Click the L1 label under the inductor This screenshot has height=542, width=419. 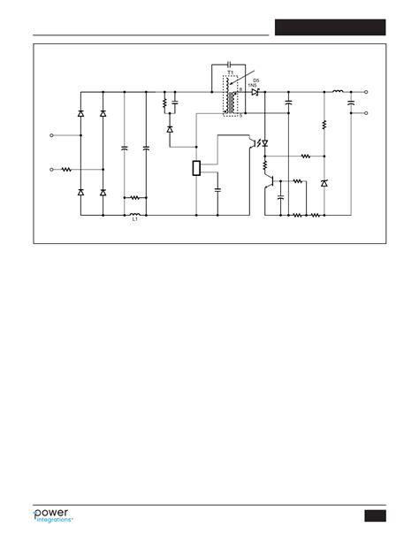click(135, 220)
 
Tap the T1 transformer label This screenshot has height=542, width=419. click(230, 73)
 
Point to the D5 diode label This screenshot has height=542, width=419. click(255, 80)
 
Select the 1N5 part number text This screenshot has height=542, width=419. click(255, 86)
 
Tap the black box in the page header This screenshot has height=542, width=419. click(330, 27)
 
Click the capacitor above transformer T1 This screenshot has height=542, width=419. click(229, 65)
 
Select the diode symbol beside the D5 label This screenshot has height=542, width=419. click(255, 92)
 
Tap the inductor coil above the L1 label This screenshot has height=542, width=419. click(135, 213)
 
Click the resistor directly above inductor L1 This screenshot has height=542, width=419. click(134, 197)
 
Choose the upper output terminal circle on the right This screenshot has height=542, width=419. click(366, 91)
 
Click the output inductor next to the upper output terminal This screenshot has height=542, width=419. click(337, 91)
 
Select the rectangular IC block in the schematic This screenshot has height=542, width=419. click(197, 168)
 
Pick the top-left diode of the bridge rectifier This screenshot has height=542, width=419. click(81, 114)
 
